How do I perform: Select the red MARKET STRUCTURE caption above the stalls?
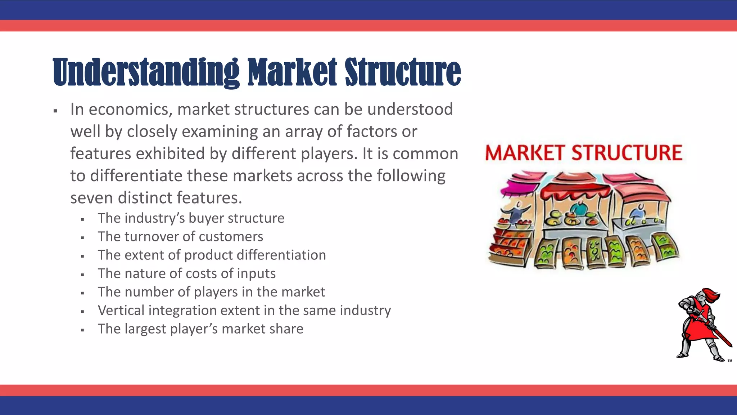(583, 153)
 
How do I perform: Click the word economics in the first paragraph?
(130, 110)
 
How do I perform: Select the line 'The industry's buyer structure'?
(191, 218)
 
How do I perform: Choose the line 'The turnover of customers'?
(180, 237)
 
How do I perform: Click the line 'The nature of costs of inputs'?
(186, 273)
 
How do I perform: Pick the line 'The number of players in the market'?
(211, 292)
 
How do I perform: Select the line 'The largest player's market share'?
(200, 329)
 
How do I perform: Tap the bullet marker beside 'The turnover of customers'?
(83, 238)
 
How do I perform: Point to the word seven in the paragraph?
(92, 198)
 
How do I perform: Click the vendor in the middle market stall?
(578, 208)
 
